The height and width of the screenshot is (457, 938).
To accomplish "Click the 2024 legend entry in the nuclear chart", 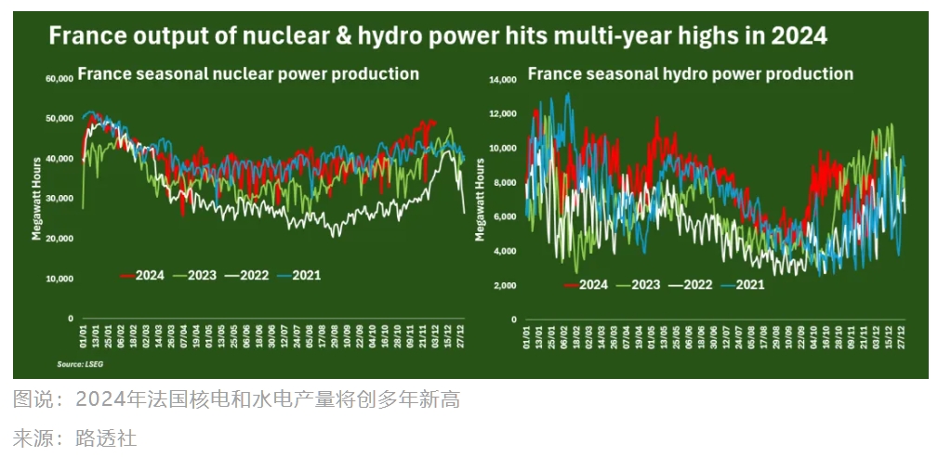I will point(141,275).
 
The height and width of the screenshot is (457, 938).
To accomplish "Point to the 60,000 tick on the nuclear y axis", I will point(59,79).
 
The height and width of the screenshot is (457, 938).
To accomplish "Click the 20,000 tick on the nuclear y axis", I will point(59,239).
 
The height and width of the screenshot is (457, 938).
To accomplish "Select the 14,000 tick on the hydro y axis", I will point(503,81).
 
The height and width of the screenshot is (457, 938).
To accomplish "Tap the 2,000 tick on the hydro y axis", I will point(505,285).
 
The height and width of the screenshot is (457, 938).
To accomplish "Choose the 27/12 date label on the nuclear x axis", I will point(461,332).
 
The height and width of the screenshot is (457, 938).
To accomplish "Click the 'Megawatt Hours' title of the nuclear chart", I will point(37,198).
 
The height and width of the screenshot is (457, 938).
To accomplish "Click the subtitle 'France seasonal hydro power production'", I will point(690,73).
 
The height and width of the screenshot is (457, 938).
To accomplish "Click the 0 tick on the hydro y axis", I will point(514,319).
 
